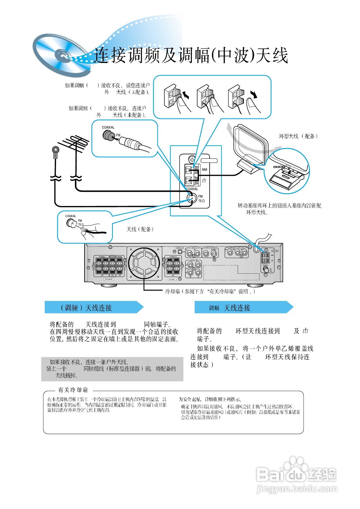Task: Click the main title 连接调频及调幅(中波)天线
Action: click(191, 55)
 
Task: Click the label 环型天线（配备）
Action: click(298, 136)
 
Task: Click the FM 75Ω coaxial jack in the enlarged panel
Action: click(191, 198)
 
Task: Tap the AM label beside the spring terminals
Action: click(204, 169)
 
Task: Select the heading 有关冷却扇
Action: click(73, 390)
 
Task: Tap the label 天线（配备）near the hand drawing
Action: click(140, 229)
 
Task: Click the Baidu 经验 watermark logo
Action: click(296, 474)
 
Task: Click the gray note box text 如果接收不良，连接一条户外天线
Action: click(89, 362)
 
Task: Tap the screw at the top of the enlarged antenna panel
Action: click(192, 159)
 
